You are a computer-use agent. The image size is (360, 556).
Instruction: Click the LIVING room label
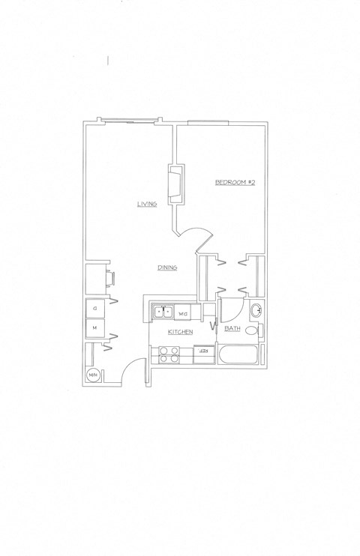coord(146,204)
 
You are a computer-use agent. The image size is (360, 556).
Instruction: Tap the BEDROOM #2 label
coord(235,182)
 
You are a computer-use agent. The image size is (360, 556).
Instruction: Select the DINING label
coord(166,268)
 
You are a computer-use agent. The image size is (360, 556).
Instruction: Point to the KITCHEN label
coord(181,331)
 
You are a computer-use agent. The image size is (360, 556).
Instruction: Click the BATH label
coord(231,327)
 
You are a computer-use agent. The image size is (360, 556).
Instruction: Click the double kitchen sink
coord(163,312)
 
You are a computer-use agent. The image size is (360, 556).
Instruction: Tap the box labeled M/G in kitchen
coord(184,312)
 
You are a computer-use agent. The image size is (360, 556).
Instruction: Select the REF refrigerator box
coord(202,350)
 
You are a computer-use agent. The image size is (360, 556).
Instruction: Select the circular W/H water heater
coord(94,375)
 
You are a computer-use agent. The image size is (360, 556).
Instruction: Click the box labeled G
coord(95,308)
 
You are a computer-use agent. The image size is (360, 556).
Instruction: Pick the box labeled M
coord(95,327)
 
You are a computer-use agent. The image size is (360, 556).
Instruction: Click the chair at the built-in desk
coord(112,277)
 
